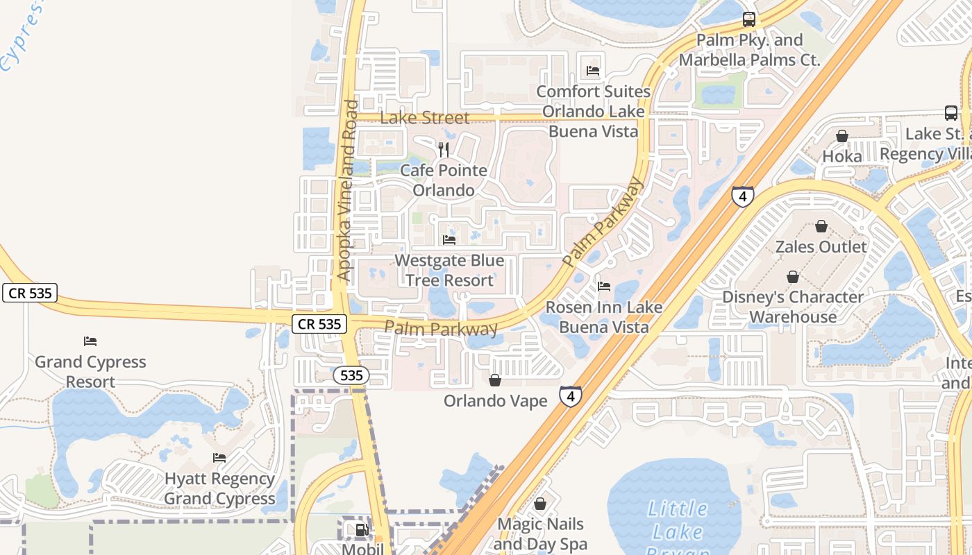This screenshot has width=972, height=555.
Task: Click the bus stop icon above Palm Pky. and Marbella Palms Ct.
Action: click(x=748, y=19)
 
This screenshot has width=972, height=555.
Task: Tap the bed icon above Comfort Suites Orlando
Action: click(x=592, y=71)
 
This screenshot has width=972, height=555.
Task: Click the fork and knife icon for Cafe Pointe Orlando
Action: click(x=444, y=149)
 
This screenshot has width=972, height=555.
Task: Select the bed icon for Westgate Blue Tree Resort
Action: click(x=449, y=240)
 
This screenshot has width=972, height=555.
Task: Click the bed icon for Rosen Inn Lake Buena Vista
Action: click(x=604, y=286)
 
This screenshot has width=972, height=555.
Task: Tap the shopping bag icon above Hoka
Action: click(x=841, y=136)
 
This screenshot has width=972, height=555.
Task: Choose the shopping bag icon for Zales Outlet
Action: click(x=821, y=226)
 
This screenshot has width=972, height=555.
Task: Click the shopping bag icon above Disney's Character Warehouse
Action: click(x=792, y=277)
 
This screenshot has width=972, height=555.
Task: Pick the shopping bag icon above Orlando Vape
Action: click(x=495, y=380)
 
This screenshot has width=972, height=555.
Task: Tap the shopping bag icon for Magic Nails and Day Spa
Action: click(x=539, y=504)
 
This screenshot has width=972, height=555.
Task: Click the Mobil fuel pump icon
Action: click(x=362, y=531)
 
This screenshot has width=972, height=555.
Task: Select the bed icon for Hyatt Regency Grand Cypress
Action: click(x=219, y=458)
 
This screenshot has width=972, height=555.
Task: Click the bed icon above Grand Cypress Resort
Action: click(x=90, y=341)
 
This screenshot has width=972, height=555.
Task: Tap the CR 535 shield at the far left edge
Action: click(x=29, y=293)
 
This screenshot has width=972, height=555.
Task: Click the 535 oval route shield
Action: click(x=351, y=375)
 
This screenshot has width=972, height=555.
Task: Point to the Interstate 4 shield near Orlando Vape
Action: click(x=570, y=397)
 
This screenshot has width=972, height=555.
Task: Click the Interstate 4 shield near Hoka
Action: click(x=742, y=196)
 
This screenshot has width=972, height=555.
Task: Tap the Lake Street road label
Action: click(x=425, y=118)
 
